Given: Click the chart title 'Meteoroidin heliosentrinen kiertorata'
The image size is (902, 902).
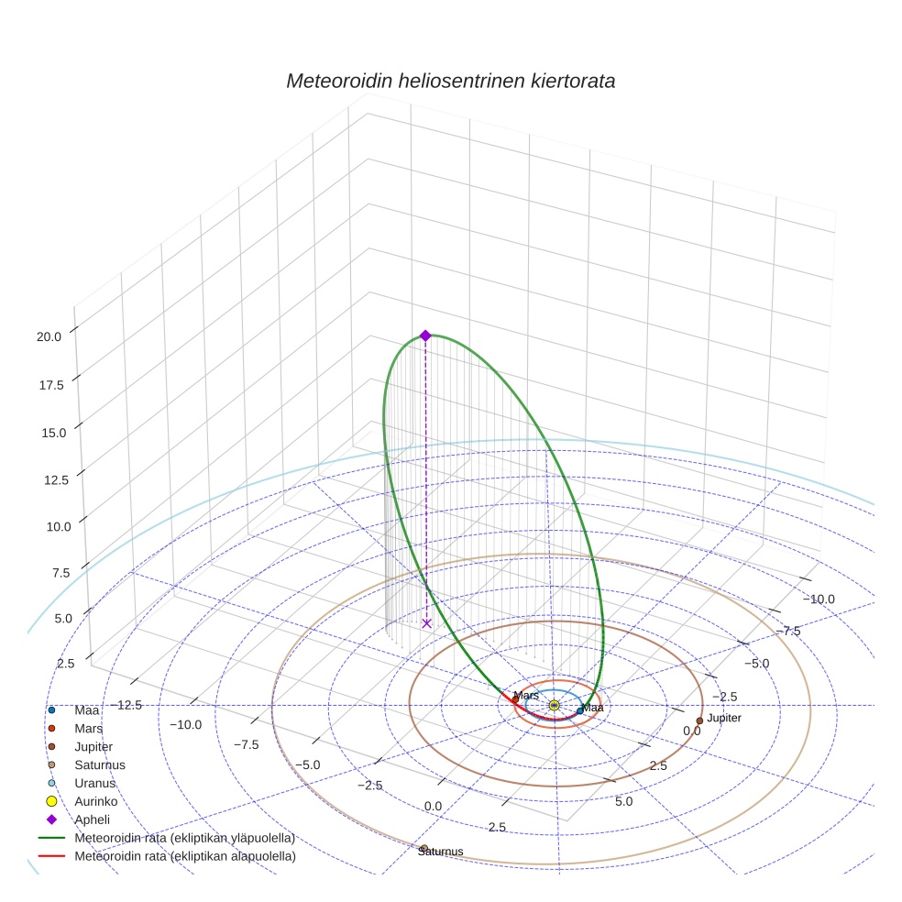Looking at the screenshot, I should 450,81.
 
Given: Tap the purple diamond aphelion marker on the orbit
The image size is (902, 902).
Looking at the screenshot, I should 425,335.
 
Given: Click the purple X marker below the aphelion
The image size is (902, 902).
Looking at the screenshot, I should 426,623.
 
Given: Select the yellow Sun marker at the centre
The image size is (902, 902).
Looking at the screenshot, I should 555,705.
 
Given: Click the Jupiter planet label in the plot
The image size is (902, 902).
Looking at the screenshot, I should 724,718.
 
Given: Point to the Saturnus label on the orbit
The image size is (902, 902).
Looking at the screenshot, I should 440,852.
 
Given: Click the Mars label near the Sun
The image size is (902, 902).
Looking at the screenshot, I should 526,696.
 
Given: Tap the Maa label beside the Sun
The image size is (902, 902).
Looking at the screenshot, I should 593,708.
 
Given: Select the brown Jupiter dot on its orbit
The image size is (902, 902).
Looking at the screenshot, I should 699,720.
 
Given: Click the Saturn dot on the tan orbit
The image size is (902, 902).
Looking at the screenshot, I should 424,847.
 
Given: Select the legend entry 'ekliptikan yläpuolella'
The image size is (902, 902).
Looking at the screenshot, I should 184,838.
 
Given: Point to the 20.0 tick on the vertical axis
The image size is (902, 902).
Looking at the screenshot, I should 49,336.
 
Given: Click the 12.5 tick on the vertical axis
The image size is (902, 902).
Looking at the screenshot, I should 49,479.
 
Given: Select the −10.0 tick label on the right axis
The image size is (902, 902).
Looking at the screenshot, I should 819,599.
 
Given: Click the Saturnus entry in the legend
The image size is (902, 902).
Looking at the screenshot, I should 100,764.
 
